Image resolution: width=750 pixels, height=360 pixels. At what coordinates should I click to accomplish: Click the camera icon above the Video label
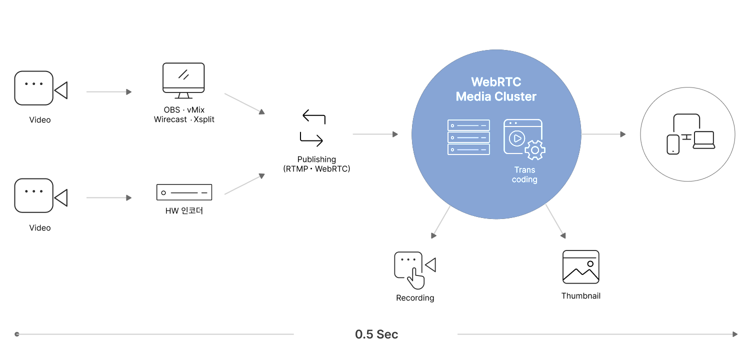point(40,88)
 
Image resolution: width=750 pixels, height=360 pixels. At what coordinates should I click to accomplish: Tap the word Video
point(40,120)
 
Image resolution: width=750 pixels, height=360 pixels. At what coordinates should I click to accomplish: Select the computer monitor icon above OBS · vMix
point(183,80)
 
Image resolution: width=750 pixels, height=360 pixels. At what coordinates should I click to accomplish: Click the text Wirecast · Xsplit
point(184,119)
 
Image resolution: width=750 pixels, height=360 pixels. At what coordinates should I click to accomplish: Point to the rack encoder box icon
point(184,192)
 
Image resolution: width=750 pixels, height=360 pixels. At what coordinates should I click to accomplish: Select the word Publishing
point(316,159)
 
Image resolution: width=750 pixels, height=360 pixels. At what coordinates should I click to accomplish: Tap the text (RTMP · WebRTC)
point(316,169)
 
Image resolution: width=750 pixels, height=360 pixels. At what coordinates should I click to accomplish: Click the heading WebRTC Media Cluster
point(496,89)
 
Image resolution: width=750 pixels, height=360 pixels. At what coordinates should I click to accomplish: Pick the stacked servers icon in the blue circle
point(468,136)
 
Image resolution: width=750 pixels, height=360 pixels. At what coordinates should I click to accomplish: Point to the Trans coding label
point(524,175)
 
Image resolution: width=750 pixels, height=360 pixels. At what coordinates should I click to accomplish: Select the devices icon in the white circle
point(690,134)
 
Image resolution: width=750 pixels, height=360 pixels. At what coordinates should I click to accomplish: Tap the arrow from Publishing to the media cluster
point(375,134)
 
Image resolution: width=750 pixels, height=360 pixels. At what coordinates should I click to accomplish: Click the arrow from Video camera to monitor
point(108,92)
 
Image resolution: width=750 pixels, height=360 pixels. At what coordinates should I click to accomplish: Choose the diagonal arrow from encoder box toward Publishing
point(244,184)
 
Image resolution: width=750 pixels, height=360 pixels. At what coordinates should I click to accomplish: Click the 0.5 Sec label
point(376,334)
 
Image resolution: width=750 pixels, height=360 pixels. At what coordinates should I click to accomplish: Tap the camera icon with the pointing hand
point(414,270)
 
